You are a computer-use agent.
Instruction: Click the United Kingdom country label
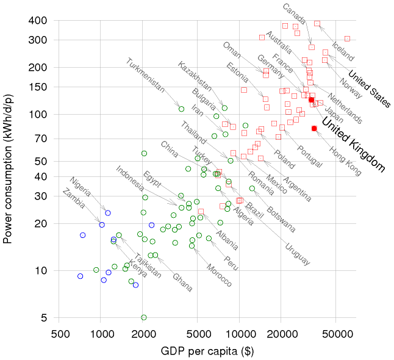[x=354, y=144]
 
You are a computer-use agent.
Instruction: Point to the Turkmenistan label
[x=146, y=76]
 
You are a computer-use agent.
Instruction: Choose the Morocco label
[x=218, y=275]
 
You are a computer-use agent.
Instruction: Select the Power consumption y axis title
[x=9, y=169]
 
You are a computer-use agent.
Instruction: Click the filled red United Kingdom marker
[x=311, y=99]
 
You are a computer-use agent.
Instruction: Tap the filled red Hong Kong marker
[x=314, y=128]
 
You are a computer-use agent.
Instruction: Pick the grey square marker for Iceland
[x=347, y=38]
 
